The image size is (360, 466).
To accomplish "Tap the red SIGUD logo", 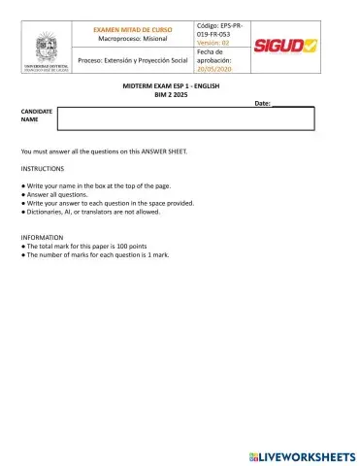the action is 285,46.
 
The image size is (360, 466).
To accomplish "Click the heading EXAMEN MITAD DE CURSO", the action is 133,30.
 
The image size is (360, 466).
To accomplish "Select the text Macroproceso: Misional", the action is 133,40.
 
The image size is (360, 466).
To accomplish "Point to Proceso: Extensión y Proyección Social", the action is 133,61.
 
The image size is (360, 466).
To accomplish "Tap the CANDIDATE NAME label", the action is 37,116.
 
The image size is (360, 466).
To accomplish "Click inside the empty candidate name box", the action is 185,118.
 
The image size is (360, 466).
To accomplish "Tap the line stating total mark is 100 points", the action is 86,246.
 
